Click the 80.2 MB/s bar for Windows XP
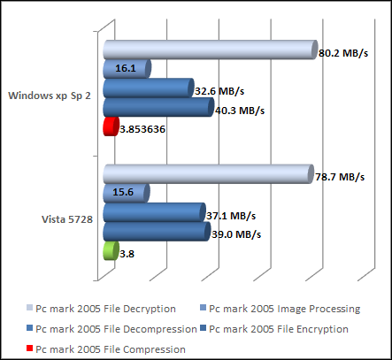210,50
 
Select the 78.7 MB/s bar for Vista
208,174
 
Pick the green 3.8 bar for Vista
111,252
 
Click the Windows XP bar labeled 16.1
126,68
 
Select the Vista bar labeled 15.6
126,193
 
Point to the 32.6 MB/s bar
148,88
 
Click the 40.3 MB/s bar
158,108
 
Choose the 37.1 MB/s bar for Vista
154,213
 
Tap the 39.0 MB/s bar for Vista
156,233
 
